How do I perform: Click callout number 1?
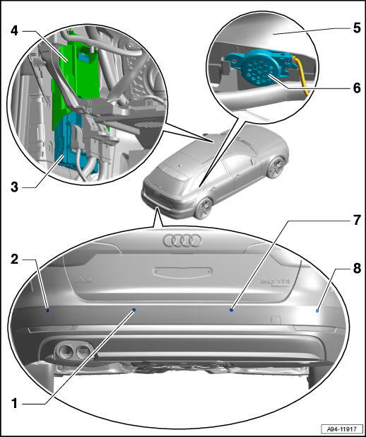click(x=14, y=403)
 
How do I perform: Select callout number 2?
click(x=14, y=260)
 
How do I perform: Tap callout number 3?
click(x=14, y=187)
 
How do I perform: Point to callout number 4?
click(x=14, y=30)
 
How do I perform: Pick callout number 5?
click(x=357, y=28)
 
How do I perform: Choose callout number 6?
click(x=357, y=88)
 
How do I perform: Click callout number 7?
click(x=357, y=220)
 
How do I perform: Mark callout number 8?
click(x=357, y=269)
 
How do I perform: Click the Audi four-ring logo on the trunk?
click(x=182, y=240)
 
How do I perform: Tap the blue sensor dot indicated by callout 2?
click(x=48, y=310)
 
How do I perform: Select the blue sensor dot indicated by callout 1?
click(x=134, y=310)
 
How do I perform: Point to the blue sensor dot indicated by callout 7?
click(x=231, y=310)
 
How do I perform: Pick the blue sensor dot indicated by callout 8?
click(x=317, y=310)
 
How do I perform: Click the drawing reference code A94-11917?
click(x=342, y=429)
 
